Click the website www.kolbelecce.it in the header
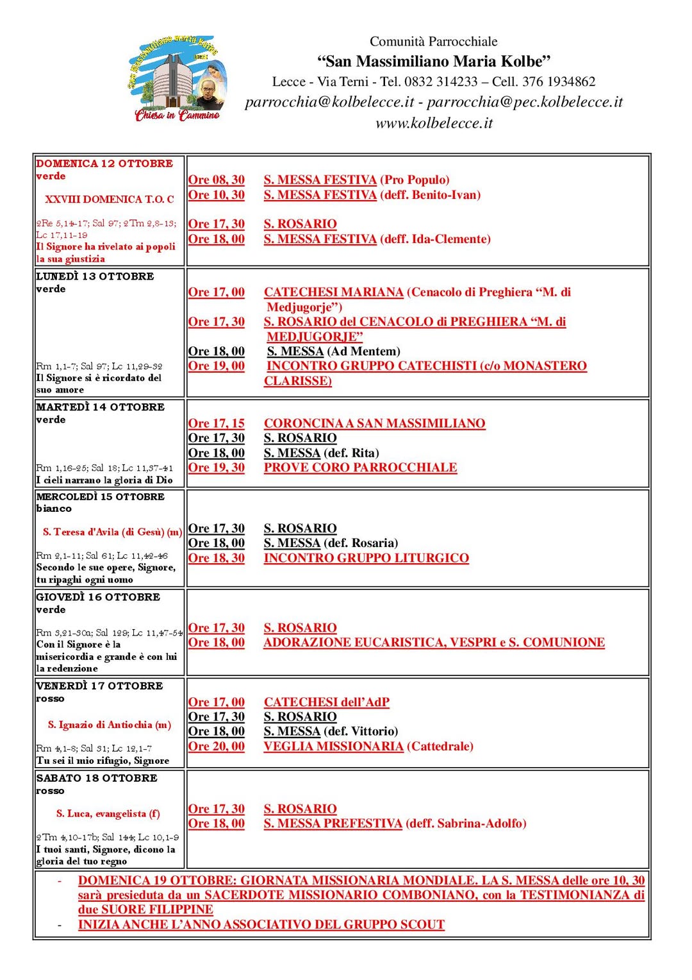[434, 123]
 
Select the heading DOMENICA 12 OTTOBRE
[104, 164]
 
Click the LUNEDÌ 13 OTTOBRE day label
[95, 276]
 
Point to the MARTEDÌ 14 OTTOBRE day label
[100, 407]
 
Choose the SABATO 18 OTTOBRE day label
[97, 778]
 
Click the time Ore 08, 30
[216, 180]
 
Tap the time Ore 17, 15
[216, 423]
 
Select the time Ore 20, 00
[216, 747]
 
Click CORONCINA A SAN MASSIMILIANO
[374, 423]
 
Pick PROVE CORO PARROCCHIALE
[360, 468]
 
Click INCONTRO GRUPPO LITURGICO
[366, 558]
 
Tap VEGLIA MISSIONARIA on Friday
[333, 747]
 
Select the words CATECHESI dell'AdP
[326, 702]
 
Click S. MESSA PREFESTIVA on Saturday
[333, 824]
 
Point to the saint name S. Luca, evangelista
[108, 814]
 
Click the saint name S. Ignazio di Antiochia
[109, 725]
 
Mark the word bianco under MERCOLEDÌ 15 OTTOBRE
[54, 509]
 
